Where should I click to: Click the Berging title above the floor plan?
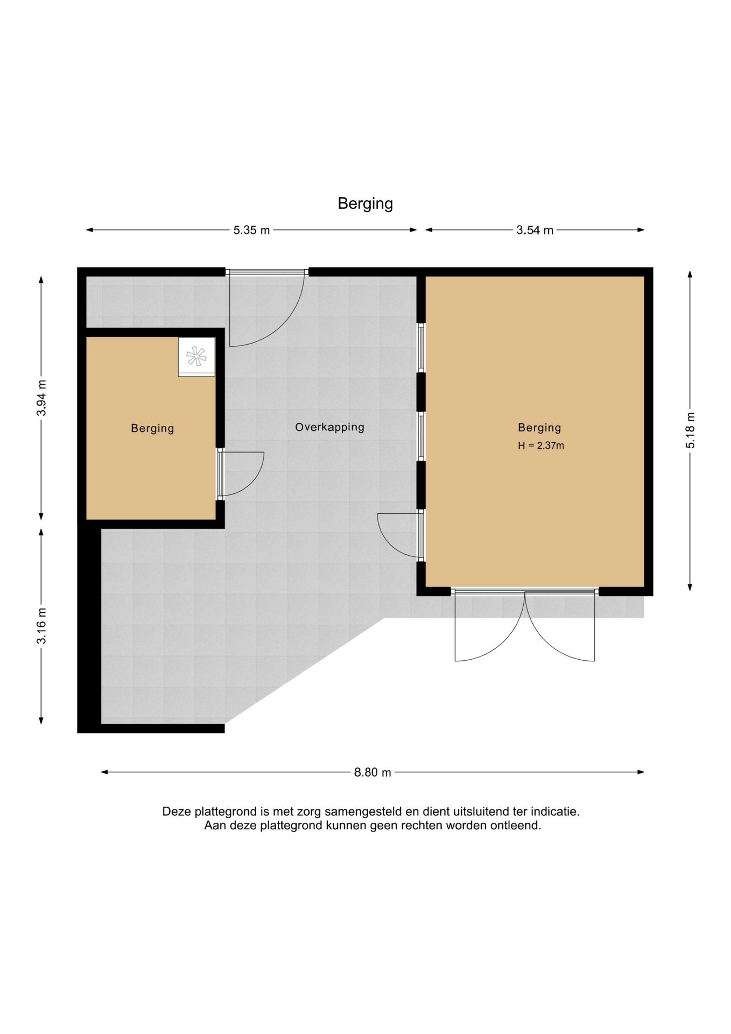click(x=365, y=204)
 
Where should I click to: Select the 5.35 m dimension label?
click(x=251, y=230)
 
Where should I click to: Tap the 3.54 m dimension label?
click(x=535, y=230)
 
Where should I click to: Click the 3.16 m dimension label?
click(x=41, y=625)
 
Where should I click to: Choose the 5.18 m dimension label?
click(x=690, y=430)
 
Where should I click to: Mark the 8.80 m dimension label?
click(x=372, y=772)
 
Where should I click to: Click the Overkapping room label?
click(x=329, y=427)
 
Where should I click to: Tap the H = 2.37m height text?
click(x=541, y=445)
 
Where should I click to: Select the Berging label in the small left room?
click(x=152, y=428)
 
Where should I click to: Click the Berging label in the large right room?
click(x=539, y=428)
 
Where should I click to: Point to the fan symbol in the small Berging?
click(x=196, y=357)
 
